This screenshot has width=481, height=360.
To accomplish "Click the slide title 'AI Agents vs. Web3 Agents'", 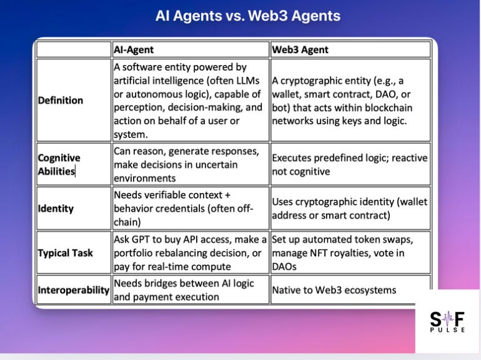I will pos(247,16).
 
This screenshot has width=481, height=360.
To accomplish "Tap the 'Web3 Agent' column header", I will pos(300,49).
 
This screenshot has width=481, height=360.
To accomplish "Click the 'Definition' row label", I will pos(61,100).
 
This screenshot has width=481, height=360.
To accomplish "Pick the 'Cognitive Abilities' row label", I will pos(59,164).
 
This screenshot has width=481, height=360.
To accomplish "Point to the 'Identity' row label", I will pos(56,208).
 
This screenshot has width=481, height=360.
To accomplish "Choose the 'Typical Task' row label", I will pos(66,252).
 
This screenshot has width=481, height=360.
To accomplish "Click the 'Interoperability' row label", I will pos(74,290).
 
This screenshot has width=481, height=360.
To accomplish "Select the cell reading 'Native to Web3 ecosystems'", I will pos(334,290).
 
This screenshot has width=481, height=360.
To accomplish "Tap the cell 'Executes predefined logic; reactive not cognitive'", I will pos(349,164).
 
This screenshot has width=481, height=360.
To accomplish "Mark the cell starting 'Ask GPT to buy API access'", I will pos(190,252).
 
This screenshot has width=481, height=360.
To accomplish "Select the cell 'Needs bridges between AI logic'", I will pos(184,290).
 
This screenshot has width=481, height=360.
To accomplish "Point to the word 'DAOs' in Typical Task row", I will pos(285,266).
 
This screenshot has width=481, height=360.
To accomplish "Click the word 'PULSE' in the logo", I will pos(447,329).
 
